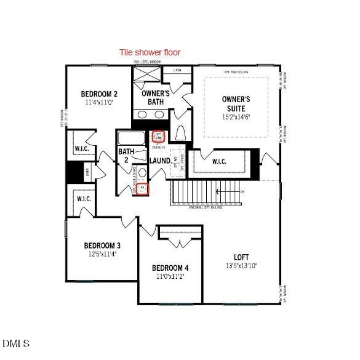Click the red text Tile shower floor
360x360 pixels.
coord(150,52)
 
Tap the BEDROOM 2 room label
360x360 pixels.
coord(99,94)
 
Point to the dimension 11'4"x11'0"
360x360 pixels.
coord(99,103)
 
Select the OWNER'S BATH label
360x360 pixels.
coord(155,97)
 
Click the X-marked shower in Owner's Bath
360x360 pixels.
coord(147,73)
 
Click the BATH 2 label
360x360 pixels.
coord(126,155)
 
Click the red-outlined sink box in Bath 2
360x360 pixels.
coord(143,188)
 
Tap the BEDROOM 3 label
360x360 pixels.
coord(102,246)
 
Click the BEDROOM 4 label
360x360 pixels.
coord(170,268)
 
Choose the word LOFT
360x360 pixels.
coord(241,257)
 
